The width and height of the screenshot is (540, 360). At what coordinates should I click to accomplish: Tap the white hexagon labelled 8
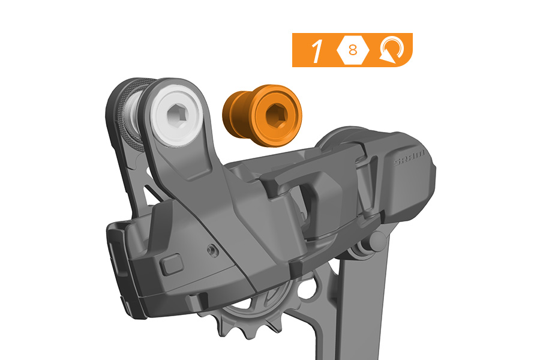click(353, 50)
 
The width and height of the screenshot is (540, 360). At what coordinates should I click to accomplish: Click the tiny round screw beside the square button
click(213, 250)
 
